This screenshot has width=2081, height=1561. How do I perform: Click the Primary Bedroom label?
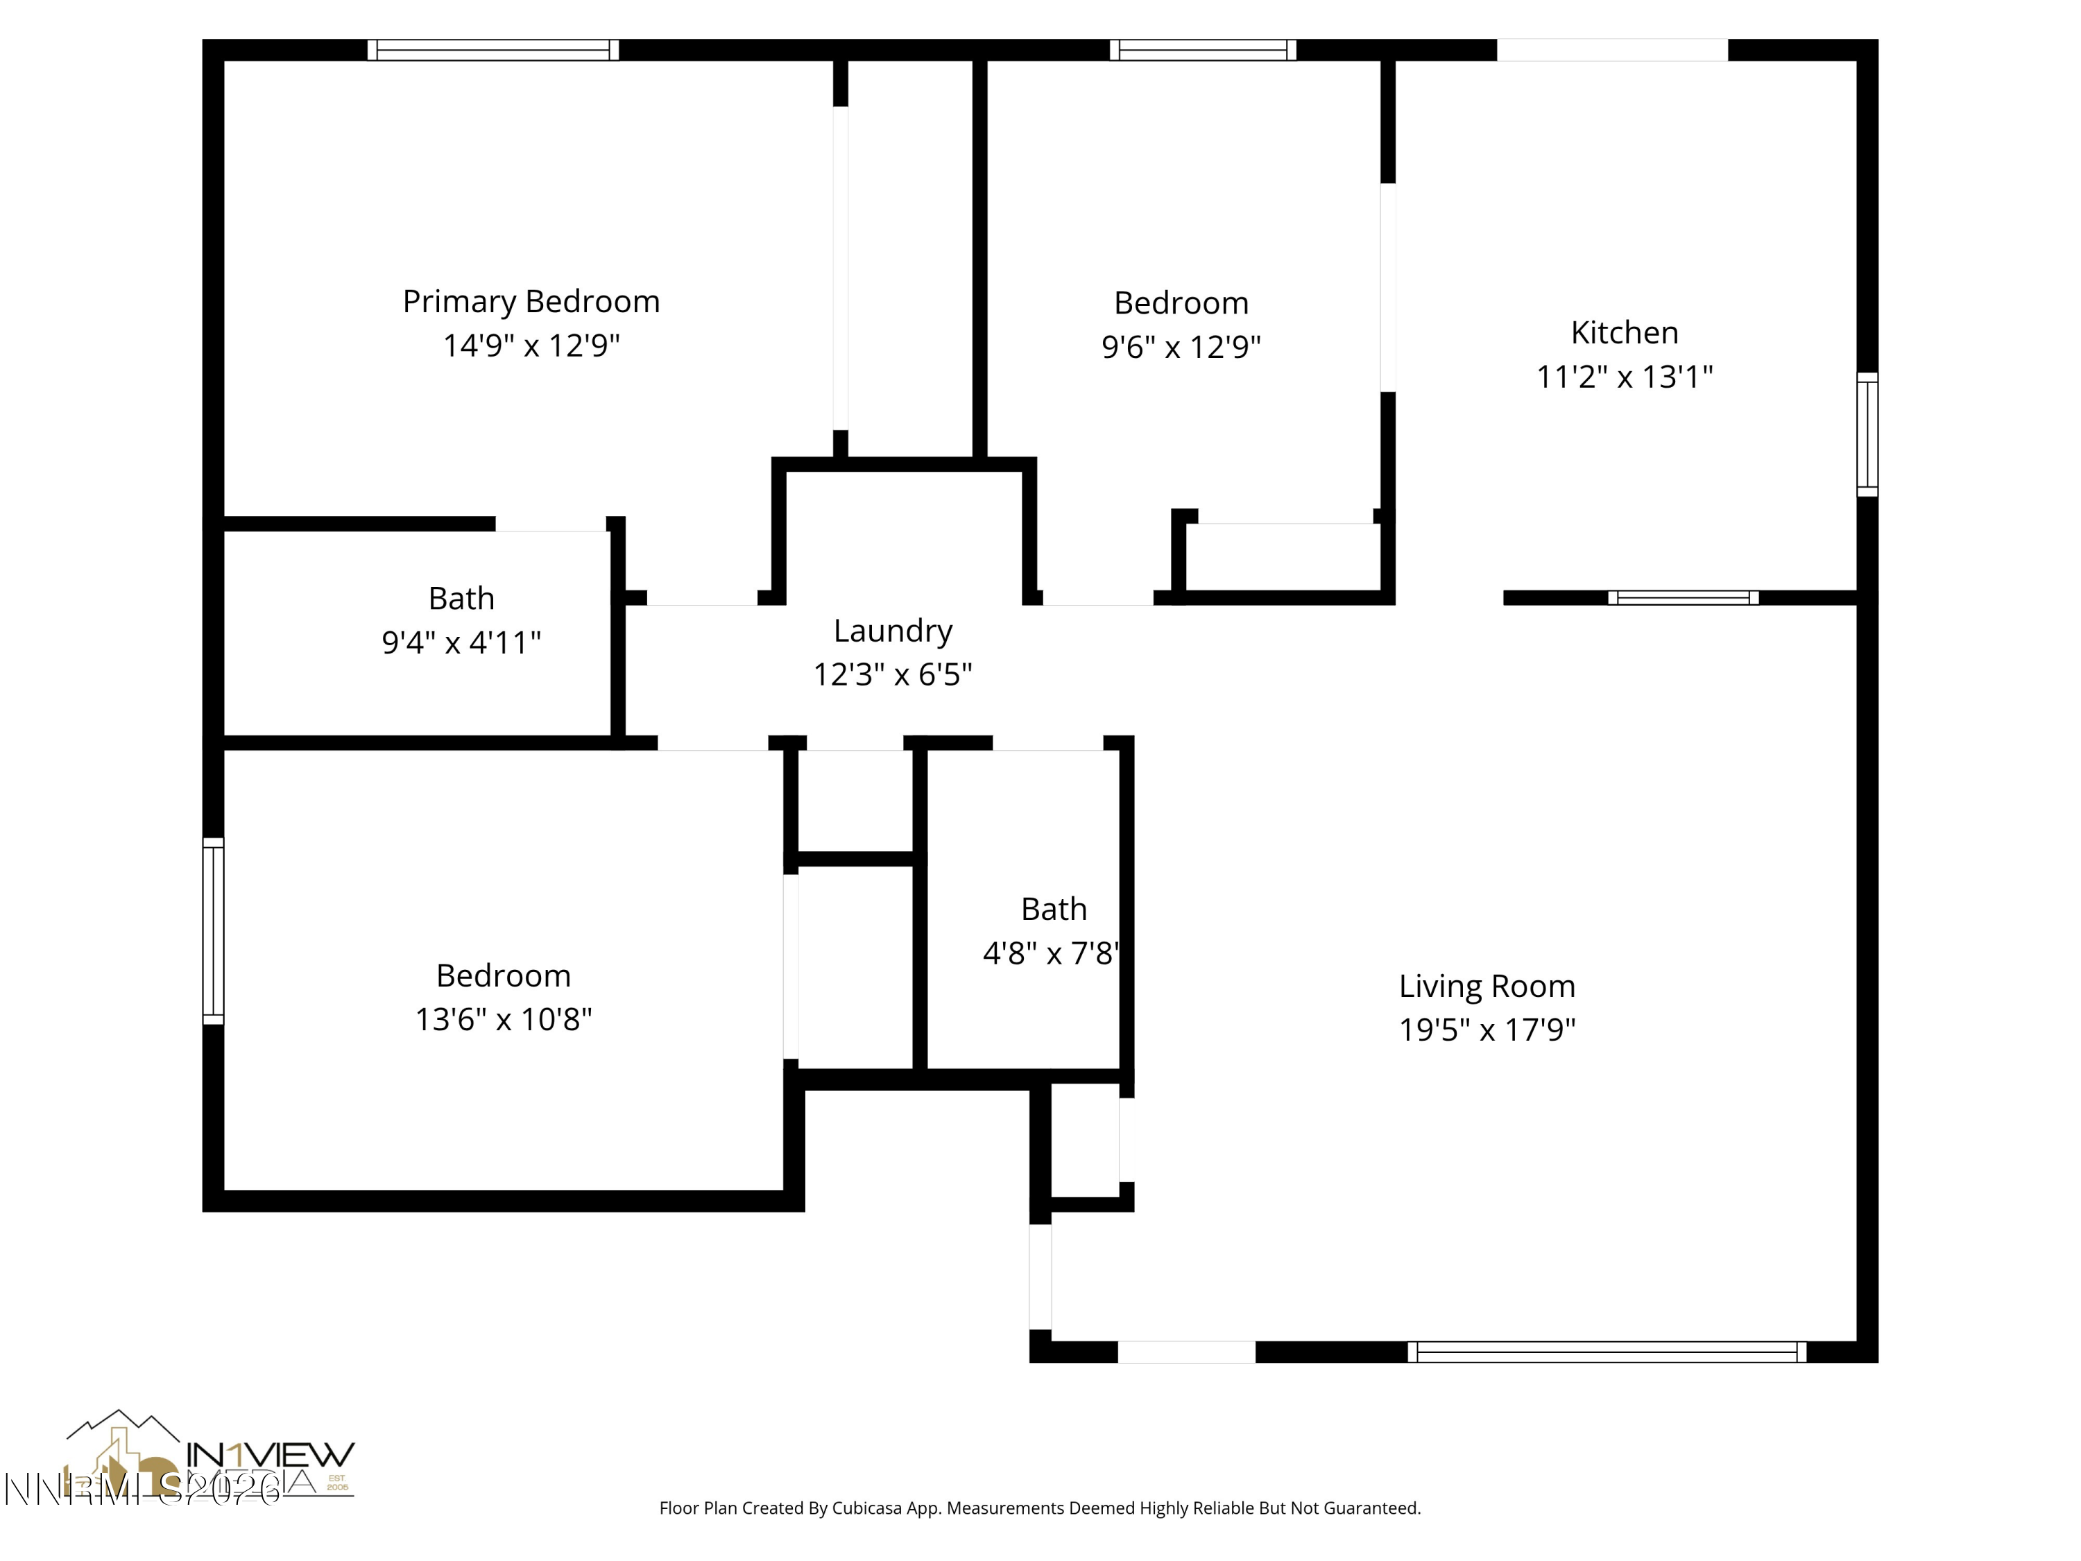(x=531, y=302)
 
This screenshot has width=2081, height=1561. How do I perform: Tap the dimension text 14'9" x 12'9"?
(x=531, y=346)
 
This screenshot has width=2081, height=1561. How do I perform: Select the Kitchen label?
(x=1624, y=333)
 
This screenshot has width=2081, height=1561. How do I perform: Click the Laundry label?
(x=892, y=631)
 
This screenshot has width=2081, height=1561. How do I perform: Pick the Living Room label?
(x=1487, y=986)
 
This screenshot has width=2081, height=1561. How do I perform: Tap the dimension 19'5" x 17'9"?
(x=1487, y=1030)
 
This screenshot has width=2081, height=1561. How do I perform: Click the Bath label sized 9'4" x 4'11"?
(x=461, y=599)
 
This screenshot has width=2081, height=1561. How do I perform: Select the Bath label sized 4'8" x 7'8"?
(x=1053, y=910)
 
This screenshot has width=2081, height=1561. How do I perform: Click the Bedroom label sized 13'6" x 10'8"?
(x=504, y=975)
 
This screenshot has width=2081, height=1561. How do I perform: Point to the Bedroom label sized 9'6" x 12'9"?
(x=1181, y=304)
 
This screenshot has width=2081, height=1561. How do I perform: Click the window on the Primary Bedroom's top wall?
(x=493, y=50)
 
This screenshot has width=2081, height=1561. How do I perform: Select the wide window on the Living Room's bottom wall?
(x=1606, y=1352)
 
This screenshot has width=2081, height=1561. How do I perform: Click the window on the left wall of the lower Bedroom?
(x=214, y=930)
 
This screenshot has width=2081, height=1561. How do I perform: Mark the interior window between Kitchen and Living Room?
(x=1682, y=597)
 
